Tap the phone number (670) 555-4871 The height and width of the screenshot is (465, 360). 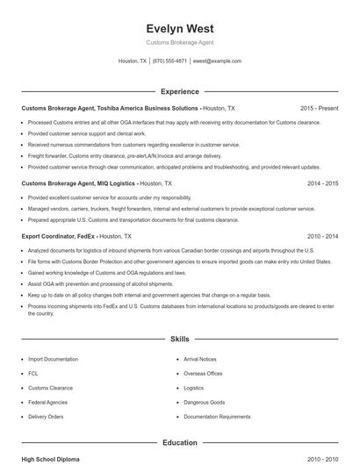coord(169,61)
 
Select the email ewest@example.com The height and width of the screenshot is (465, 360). coord(217,61)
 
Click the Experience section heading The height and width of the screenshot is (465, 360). coord(179,91)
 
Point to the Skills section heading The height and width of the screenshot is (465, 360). coord(179,339)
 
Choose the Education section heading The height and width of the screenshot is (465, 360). coord(179,443)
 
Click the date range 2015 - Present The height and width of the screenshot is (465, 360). coord(319,108)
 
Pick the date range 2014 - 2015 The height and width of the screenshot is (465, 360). coord(322,183)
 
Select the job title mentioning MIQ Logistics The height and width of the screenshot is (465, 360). coord(78,183)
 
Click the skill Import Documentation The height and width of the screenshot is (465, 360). coord(53,359)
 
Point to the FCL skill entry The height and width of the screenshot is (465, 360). coord(33,373)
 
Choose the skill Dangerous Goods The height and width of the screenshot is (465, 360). coord(204,402)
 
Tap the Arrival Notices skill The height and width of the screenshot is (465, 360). coord(200,359)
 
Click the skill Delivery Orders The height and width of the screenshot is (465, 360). coord(46,416)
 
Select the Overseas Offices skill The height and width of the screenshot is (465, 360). coord(203,373)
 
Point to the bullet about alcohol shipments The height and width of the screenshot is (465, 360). coord(100,284)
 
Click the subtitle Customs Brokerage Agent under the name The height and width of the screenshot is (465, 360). coord(179,42)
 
